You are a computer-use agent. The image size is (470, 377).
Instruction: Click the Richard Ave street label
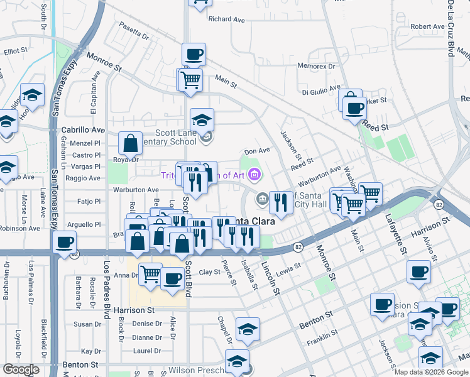pyautogui.click(x=226, y=19)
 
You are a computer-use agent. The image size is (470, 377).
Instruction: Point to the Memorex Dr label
pyautogui.click(x=317, y=65)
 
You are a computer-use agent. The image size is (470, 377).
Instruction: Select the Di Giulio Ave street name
pyautogui.click(x=320, y=92)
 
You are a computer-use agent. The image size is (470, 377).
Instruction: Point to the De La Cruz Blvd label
pyautogui.click(x=451, y=28)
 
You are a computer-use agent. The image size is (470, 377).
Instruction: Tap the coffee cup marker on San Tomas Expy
pyautogui.click(x=63, y=243)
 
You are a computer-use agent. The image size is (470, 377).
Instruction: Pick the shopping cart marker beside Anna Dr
pyautogui.click(x=150, y=274)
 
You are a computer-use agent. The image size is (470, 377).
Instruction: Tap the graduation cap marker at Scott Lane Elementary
pyautogui.click(x=202, y=119)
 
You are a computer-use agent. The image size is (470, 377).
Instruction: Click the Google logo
pyautogui.click(x=21, y=369)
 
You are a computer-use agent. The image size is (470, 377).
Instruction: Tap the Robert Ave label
pyautogui.click(x=428, y=26)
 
